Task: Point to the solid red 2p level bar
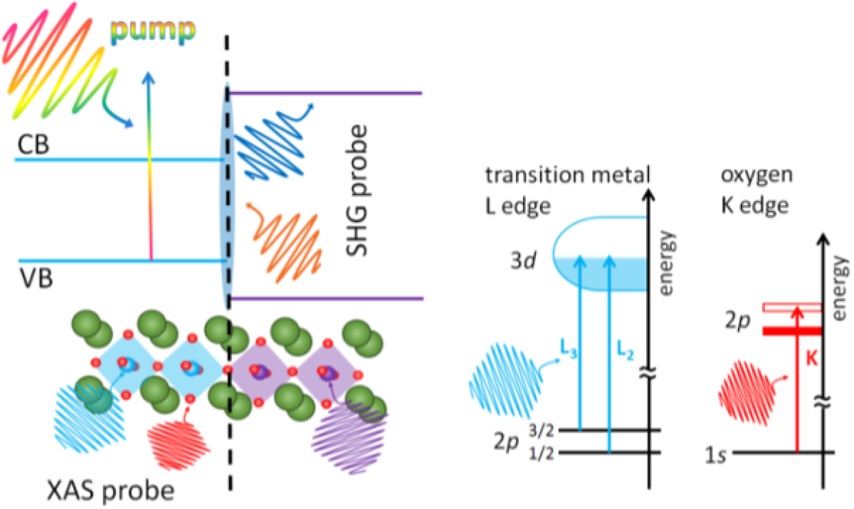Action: (x=791, y=331)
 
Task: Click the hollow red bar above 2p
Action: (x=791, y=308)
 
